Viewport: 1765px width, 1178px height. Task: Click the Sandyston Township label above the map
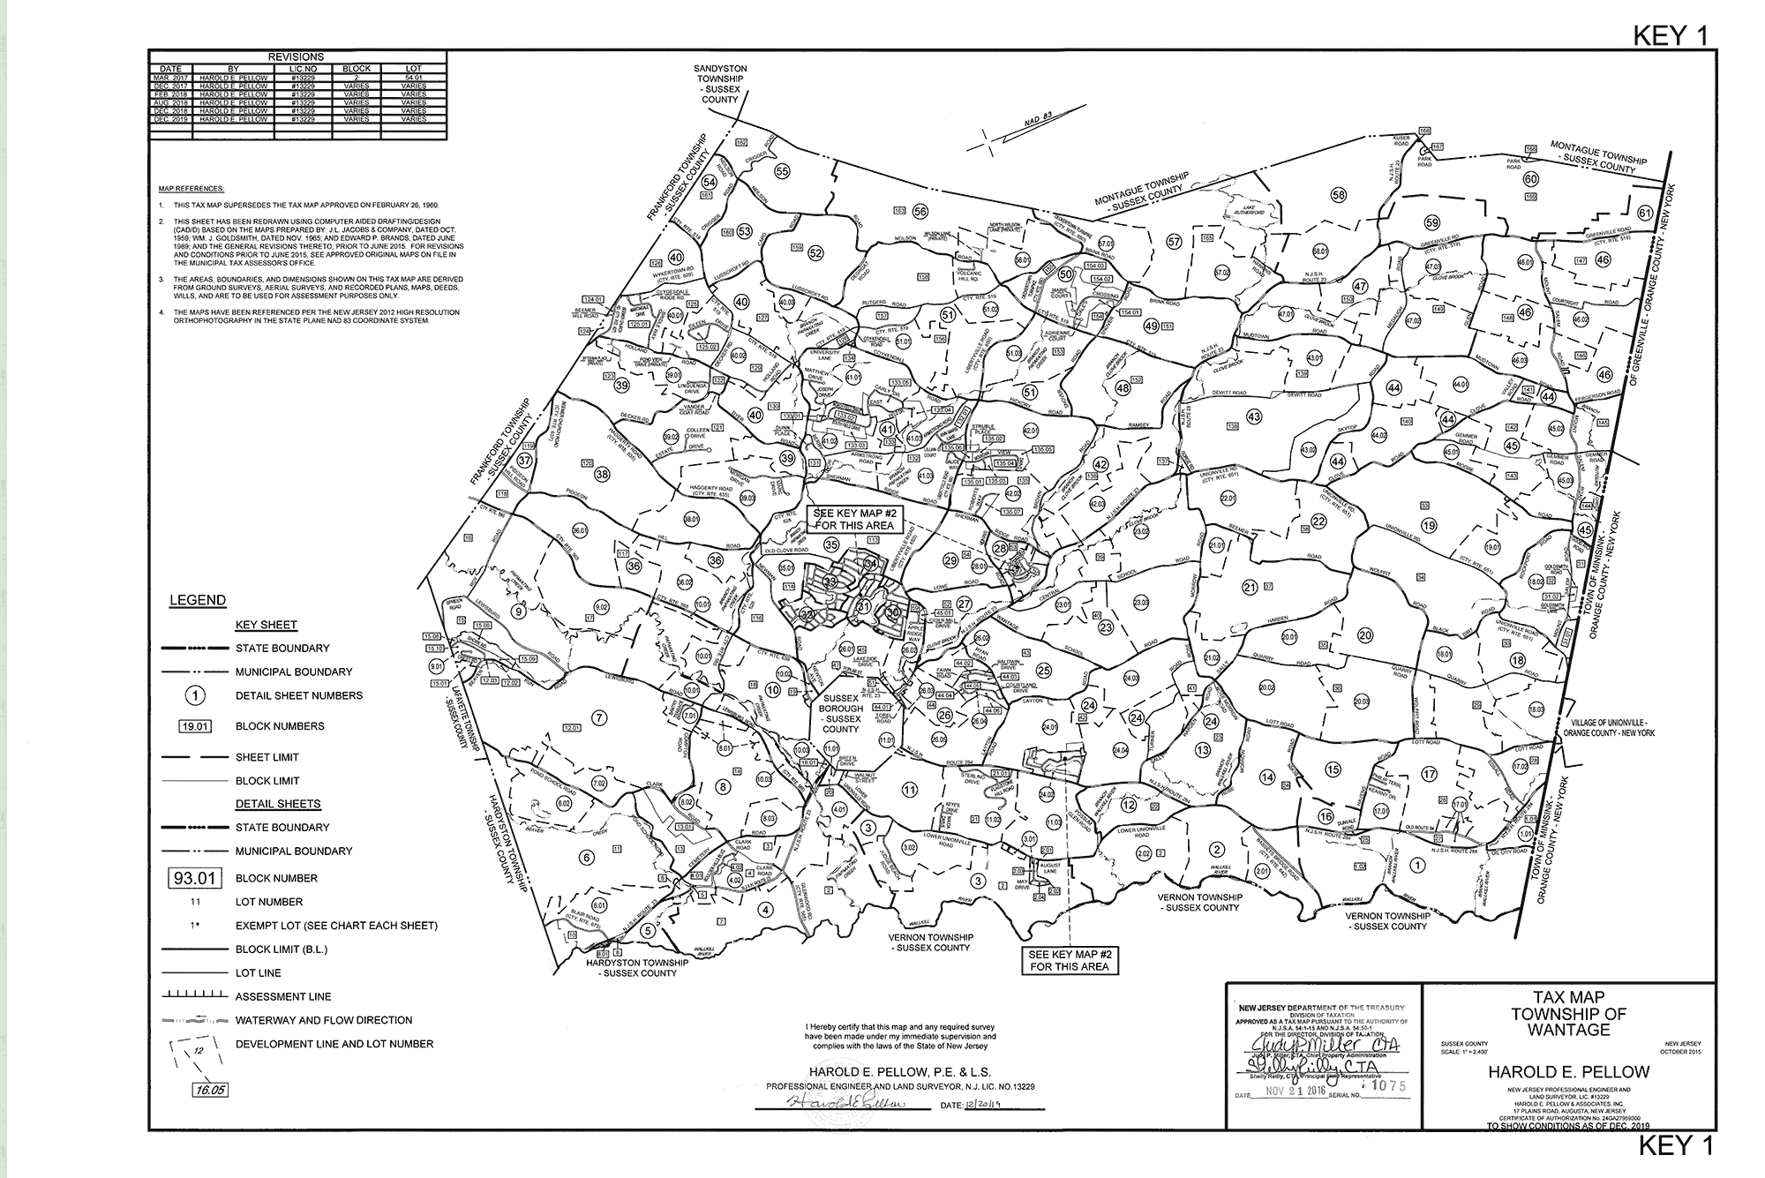719,83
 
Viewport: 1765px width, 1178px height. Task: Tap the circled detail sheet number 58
1339,195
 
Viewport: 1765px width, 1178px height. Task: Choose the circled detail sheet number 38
602,474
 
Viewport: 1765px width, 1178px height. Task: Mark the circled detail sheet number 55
782,170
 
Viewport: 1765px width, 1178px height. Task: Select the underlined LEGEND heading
197,600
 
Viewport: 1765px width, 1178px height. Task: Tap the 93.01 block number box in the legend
194,878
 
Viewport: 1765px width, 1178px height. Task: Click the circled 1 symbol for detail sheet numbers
196,695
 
